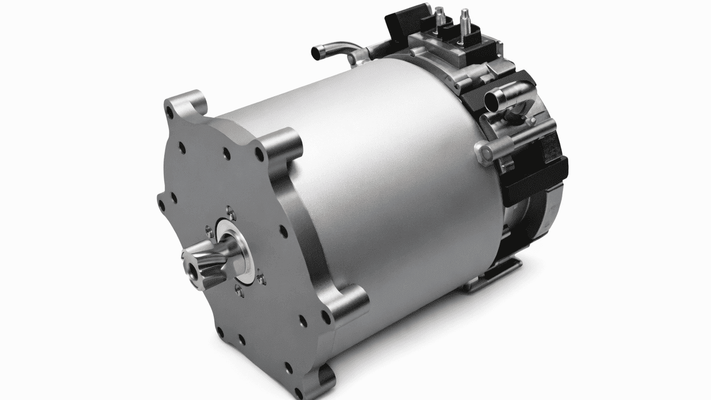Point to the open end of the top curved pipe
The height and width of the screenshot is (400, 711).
point(317,52)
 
